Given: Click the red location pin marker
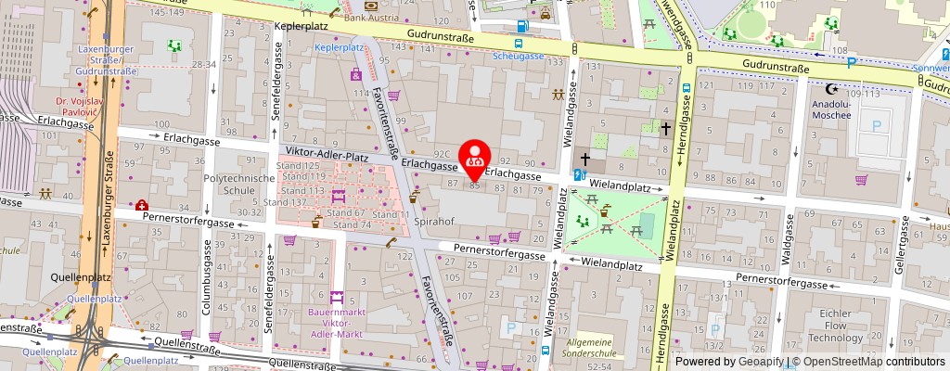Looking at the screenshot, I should pyautogui.click(x=476, y=159).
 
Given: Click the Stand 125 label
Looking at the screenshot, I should pyautogui.click(x=299, y=165).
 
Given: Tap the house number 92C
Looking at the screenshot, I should pyautogui.click(x=442, y=155).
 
